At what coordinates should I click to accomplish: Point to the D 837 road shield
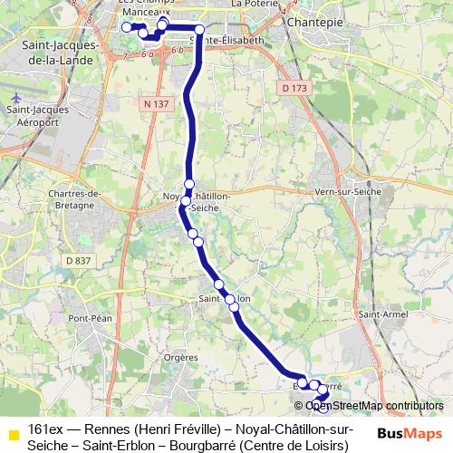click(x=79, y=261)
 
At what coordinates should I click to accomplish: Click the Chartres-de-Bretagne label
click(x=61, y=201)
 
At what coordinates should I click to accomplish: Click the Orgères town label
click(x=181, y=357)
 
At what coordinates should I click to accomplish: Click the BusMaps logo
click(x=410, y=431)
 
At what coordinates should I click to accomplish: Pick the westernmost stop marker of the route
click(x=127, y=27)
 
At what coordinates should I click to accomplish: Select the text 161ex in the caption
click(x=44, y=429)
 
